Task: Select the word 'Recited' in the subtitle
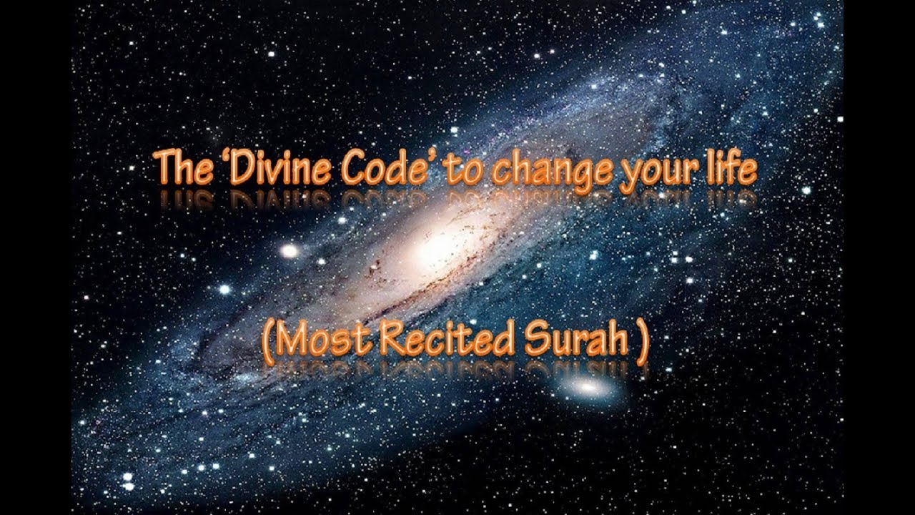click(x=445, y=340)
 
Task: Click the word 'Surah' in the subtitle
click(x=576, y=340)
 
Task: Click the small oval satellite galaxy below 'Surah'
click(x=588, y=388)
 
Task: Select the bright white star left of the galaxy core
click(x=289, y=250)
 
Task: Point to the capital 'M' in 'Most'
click(x=291, y=340)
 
